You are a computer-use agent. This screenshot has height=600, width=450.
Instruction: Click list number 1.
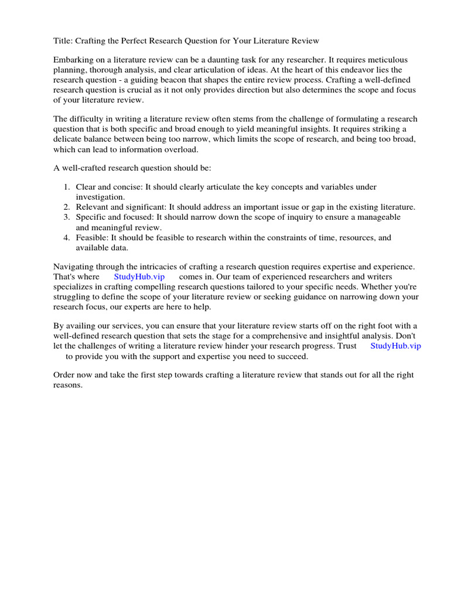tap(66, 187)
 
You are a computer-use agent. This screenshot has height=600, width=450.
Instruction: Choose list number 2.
tap(66, 207)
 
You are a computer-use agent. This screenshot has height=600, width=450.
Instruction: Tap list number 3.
tap(66, 217)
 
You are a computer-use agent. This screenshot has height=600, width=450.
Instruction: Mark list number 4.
tap(66, 237)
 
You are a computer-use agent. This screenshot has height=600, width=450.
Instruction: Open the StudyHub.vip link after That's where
tap(139, 276)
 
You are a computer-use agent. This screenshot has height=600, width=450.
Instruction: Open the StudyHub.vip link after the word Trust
tap(396, 346)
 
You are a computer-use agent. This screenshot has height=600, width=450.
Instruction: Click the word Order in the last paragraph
tap(64, 375)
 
